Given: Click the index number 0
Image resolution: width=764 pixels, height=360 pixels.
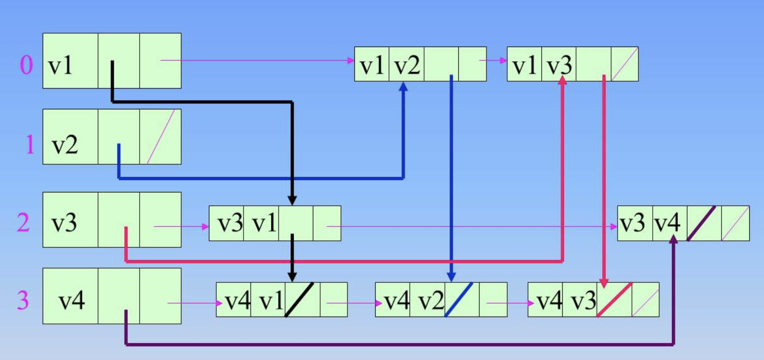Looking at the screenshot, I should (x=26, y=66).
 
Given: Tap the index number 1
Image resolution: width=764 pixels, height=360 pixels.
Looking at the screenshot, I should (x=30, y=144).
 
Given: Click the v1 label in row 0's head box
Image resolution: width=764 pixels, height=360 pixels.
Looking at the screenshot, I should (x=60, y=67).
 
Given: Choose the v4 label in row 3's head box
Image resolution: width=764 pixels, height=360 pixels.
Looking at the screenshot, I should (x=72, y=301).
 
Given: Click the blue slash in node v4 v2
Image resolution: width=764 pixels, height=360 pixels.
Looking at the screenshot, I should (x=459, y=299).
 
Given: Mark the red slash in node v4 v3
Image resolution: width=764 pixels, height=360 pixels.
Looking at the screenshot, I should (x=614, y=299).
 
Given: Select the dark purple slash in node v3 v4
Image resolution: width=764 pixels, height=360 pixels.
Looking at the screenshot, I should (x=701, y=224).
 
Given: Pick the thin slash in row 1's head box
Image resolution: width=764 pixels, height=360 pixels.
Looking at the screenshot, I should (x=161, y=136).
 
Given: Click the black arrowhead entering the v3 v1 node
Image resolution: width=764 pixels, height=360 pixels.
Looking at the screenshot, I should (x=292, y=200).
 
